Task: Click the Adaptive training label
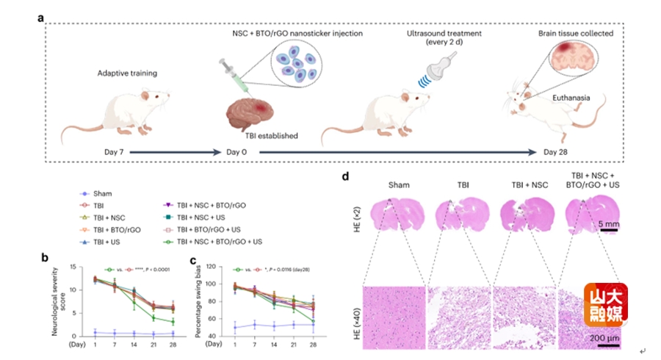(x=128, y=73)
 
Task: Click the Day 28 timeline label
(x=558, y=151)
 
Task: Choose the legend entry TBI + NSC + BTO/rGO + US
(x=213, y=241)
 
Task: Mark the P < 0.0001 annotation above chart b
(x=161, y=270)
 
